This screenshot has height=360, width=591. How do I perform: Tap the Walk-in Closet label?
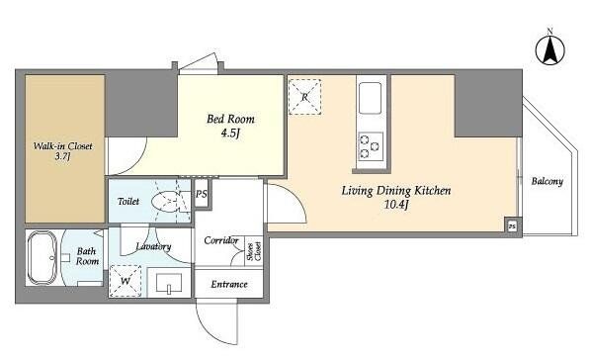(x=62, y=146)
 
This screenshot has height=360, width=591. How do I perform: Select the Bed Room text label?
(x=230, y=120)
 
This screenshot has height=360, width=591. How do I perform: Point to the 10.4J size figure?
(x=396, y=205)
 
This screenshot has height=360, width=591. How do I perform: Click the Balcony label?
(x=547, y=182)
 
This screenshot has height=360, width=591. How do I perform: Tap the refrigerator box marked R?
(x=304, y=97)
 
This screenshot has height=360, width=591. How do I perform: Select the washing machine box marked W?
(x=126, y=281)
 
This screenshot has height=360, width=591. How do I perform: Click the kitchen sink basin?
(x=371, y=98)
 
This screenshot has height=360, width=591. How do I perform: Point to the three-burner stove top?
(x=371, y=146)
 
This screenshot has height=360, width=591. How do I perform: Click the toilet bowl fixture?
(x=167, y=202)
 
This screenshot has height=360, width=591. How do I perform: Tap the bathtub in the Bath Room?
(x=42, y=257)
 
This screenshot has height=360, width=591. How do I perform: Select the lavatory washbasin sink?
(x=169, y=283)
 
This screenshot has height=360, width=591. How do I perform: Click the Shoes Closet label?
(x=254, y=251)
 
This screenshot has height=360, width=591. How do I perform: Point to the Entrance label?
(x=229, y=284)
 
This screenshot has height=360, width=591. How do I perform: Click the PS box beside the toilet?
(x=202, y=194)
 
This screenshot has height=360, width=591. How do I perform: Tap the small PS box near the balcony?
(x=512, y=226)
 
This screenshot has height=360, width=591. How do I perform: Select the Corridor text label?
(x=221, y=240)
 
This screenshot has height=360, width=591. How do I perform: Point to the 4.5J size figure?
(x=230, y=134)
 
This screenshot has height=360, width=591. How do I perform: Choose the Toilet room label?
(x=128, y=201)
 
